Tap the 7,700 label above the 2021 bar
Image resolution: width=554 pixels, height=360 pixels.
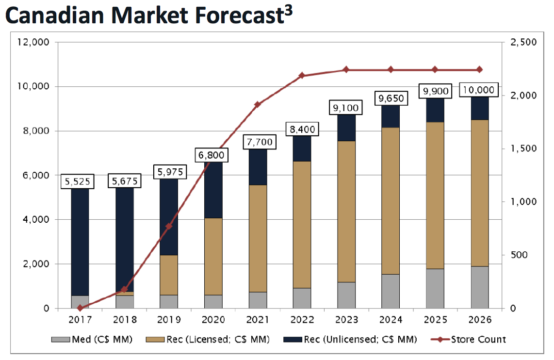pyautogui.click(x=257, y=142)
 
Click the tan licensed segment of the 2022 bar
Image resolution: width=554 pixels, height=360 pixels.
pyautogui.click(x=302, y=224)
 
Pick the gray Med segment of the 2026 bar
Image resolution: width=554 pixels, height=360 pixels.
pyautogui.click(x=479, y=287)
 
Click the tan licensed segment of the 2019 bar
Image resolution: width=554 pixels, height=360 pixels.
pyautogui.click(x=169, y=275)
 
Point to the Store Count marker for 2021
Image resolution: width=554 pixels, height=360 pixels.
pyautogui.click(x=258, y=104)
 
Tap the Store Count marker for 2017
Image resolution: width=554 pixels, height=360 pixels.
pyautogui.click(x=80, y=308)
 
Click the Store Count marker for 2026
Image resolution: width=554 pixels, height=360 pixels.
pyautogui.click(x=479, y=70)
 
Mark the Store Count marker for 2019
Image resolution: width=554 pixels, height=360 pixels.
pyautogui.click(x=169, y=227)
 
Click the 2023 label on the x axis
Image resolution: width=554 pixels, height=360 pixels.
pyautogui.click(x=346, y=320)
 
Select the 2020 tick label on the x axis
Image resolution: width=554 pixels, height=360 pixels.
pyautogui.click(x=213, y=320)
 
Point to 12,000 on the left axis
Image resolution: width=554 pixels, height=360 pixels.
pyautogui.click(x=33, y=42)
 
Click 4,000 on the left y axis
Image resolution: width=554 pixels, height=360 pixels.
pyautogui.click(x=35, y=220)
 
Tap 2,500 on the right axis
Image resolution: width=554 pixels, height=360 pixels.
pyautogui.click(x=523, y=43)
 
